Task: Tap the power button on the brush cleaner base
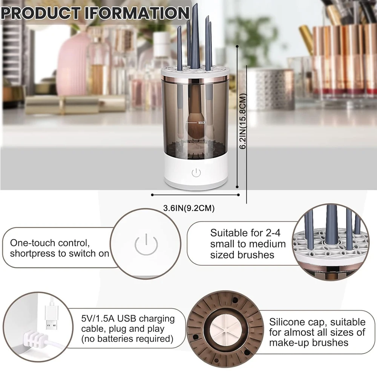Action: (196, 173)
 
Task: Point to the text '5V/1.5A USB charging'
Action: (128, 319)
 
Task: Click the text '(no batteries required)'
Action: (127, 339)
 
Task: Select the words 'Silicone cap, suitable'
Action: (317, 322)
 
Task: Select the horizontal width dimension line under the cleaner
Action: (195, 195)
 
